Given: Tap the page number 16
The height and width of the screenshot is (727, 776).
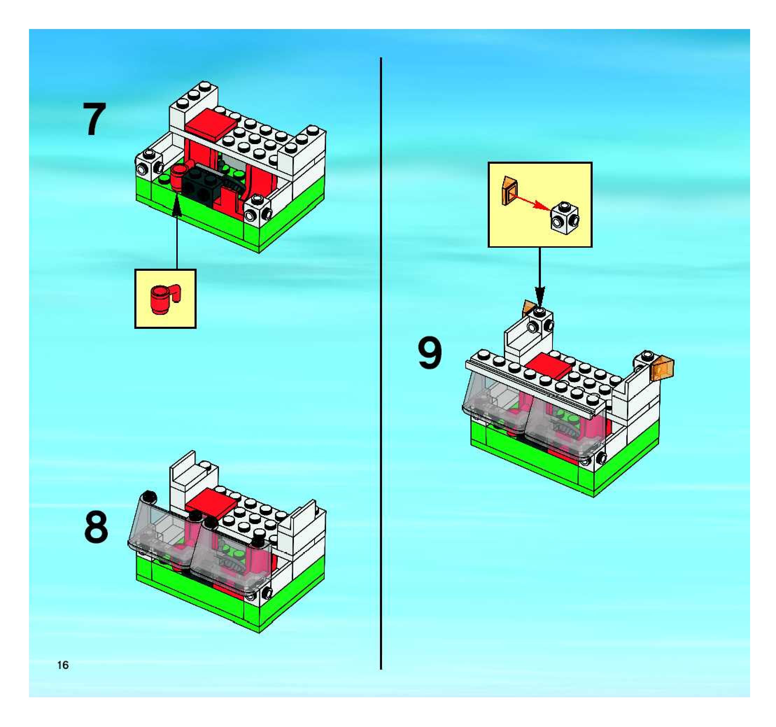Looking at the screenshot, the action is pos(63,665).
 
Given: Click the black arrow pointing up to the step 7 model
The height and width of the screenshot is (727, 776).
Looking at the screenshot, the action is pos(177,234).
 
